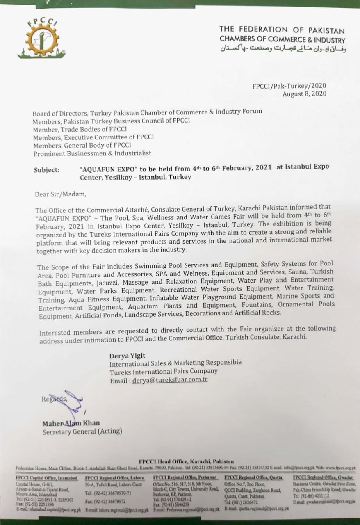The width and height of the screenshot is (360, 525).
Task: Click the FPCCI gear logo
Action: tap(39, 39)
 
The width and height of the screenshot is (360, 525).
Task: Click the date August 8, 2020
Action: tap(305, 94)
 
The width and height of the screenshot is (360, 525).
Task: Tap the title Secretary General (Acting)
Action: tap(82, 431)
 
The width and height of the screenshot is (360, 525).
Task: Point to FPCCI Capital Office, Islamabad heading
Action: tap(46, 478)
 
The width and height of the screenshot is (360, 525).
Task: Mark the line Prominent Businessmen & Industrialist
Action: tap(92, 153)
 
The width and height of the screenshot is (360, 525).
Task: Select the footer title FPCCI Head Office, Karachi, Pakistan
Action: tap(187, 462)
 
